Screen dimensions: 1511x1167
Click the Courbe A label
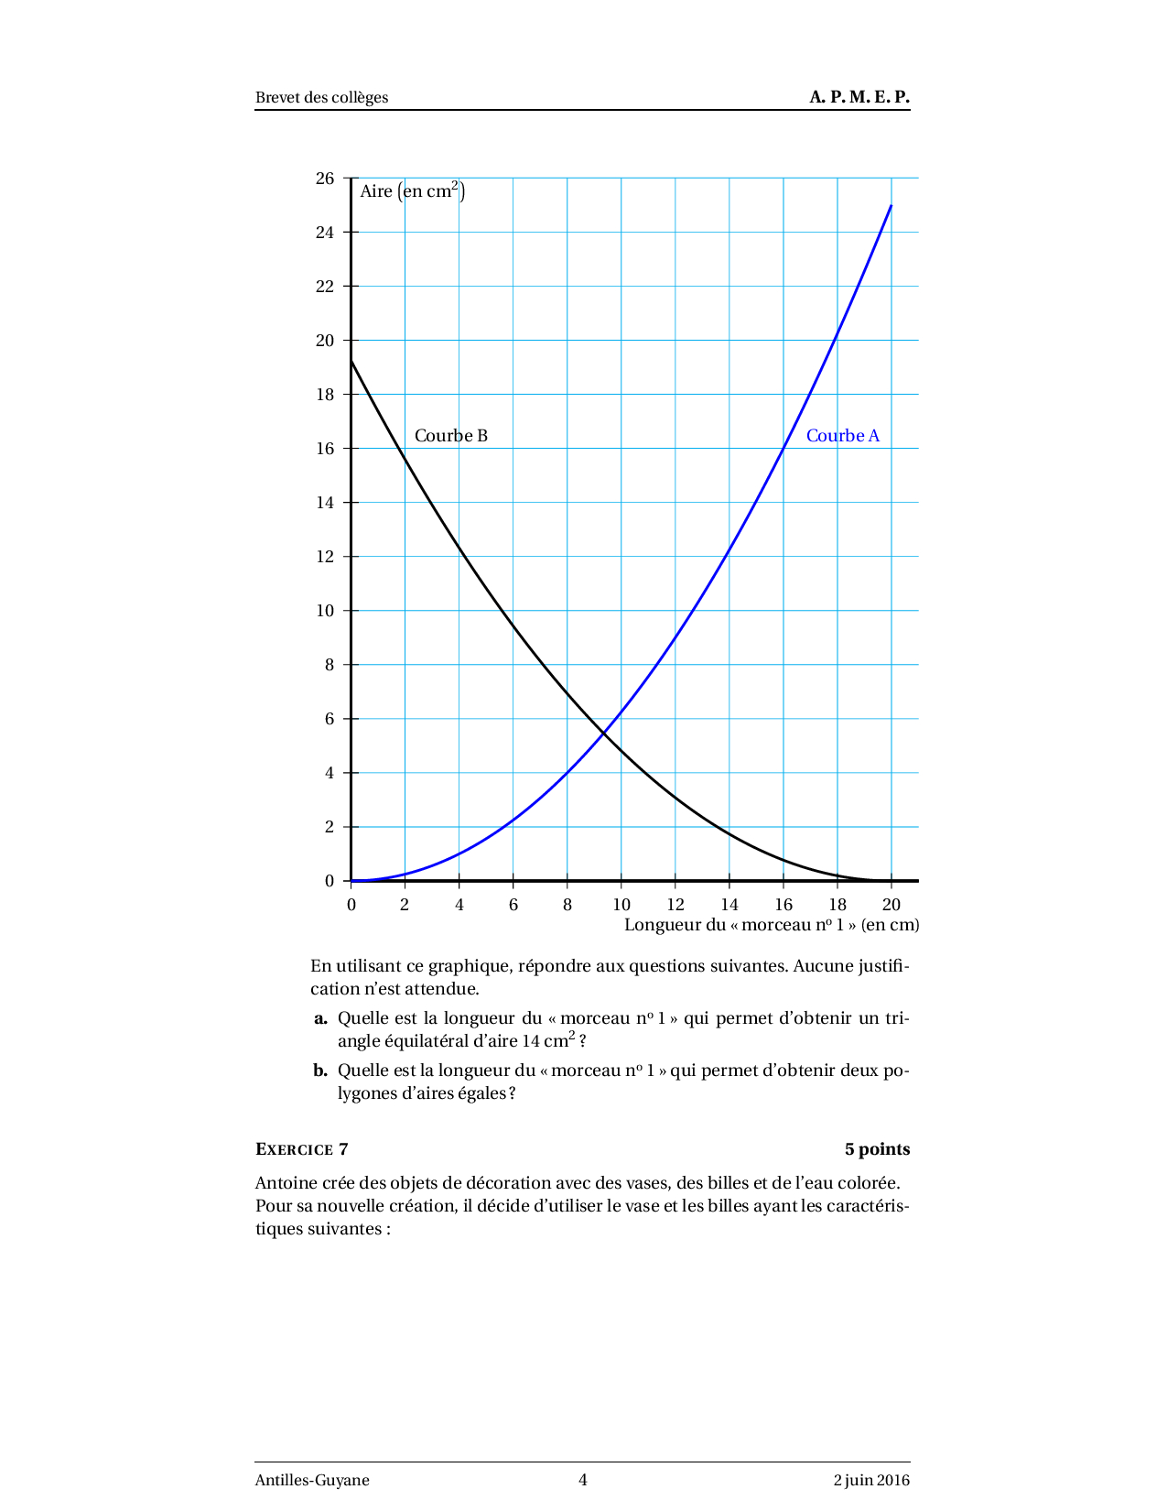coord(842,436)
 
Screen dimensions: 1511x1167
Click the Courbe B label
coord(450,436)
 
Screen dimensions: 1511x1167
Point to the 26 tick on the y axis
coord(325,179)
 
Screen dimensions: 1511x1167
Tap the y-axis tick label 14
coord(325,503)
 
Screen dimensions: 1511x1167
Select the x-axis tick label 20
coord(891,905)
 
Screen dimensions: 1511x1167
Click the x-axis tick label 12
coord(675,905)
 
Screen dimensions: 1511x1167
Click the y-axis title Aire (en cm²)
coord(412,191)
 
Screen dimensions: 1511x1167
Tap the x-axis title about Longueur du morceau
coord(771,925)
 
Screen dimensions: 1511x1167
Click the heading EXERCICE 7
coord(301,1149)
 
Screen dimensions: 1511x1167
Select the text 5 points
coord(876,1149)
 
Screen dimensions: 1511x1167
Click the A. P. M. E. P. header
coord(859,97)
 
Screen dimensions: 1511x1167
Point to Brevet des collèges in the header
coord(321,98)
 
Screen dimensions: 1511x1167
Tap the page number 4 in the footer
coord(583,1480)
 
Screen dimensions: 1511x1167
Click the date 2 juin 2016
coord(870,1480)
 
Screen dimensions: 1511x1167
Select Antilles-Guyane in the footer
coord(312,1480)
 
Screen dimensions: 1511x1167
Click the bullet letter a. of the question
coord(320,1018)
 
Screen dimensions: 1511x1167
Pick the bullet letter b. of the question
coord(320,1071)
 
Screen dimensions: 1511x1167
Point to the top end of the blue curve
coord(891,206)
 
